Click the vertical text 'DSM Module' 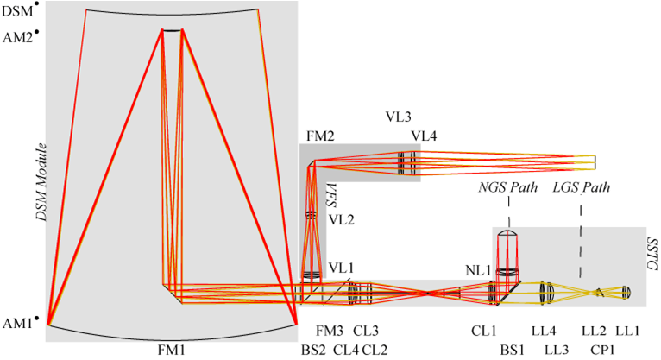click(40, 183)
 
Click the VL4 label click(425, 135)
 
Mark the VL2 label click(340, 219)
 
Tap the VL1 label click(340, 267)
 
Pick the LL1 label click(627, 332)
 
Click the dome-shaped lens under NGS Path click(507, 236)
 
